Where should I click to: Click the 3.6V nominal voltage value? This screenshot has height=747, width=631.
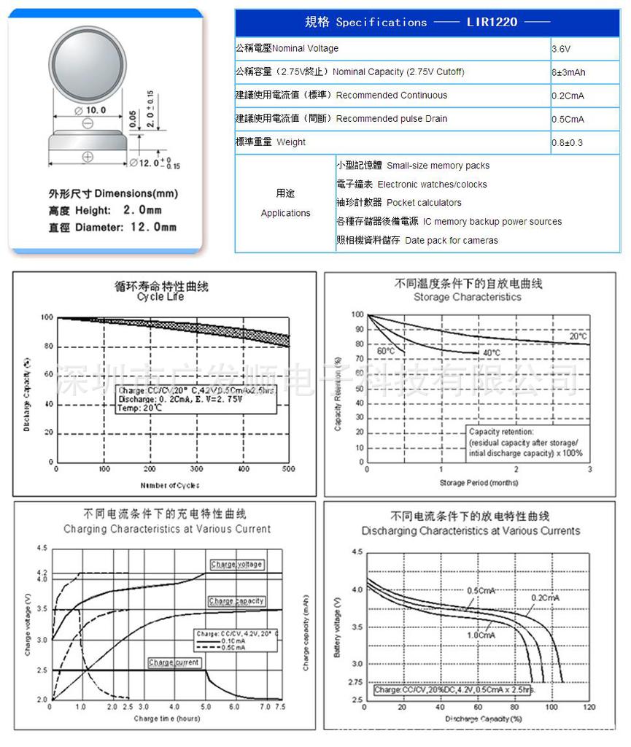[x=561, y=49]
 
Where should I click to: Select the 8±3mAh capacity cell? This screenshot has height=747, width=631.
[x=569, y=72]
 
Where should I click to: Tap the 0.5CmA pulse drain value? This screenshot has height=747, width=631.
[x=568, y=119]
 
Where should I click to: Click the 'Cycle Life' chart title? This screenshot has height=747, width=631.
[x=160, y=297]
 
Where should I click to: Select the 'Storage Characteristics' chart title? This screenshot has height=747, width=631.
[x=467, y=297]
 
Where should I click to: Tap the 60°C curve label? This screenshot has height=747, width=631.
[x=385, y=351]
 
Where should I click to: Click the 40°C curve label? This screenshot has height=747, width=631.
[x=491, y=353]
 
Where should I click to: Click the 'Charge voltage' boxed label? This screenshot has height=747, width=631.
[x=236, y=565]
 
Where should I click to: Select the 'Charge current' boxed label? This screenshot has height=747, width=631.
[x=173, y=662]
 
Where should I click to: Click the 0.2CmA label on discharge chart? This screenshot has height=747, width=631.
[x=545, y=597]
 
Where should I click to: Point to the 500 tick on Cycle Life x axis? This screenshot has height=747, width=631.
[x=290, y=468]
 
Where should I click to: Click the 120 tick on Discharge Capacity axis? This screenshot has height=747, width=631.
[x=589, y=707]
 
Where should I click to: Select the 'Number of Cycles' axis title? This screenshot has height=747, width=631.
[x=169, y=485]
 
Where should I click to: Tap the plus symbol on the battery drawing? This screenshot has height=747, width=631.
[x=87, y=155]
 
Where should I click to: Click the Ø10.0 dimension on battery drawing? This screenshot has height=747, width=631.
[x=91, y=110]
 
